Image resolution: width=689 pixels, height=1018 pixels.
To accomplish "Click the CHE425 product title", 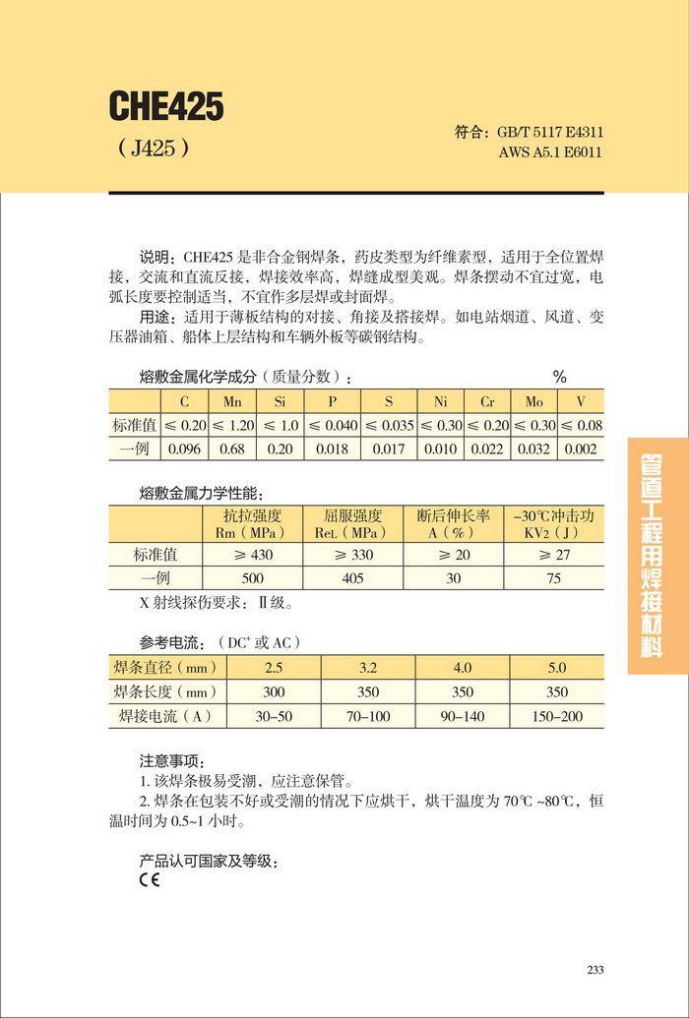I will coord(166,106).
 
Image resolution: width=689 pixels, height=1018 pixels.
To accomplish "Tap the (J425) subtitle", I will coord(153,149).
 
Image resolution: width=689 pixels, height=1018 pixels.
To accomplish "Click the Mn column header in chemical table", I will coord(232,401).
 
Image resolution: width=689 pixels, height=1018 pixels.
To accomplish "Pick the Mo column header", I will coord(532,401).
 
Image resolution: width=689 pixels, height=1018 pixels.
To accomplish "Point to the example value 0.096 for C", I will coord(184,449).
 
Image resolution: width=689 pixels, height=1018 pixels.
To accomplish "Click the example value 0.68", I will coord(232,449).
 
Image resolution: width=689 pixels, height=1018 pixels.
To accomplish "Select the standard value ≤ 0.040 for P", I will coord(333,426).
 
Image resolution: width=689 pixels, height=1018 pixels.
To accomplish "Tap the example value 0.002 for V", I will coord(581,449).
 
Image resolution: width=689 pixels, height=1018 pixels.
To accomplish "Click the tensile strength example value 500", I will coord(253,578).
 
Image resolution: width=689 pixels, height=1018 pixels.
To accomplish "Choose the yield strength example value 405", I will coord(353,578).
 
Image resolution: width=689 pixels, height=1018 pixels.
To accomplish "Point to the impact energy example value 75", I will coord(554,578).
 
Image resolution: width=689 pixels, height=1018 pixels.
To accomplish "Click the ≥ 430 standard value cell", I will coord(253,555).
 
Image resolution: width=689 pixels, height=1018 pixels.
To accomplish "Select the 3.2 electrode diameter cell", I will coord(367,668).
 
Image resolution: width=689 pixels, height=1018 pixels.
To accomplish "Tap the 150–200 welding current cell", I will coord(557,716).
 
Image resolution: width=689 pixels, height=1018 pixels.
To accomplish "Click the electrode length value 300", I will coord(274,691).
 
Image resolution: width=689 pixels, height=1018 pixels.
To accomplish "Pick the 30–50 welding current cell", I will coord(274,716).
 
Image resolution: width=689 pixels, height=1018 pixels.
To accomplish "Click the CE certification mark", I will coord(149,880).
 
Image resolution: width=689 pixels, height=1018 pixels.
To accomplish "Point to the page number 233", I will coord(595,970).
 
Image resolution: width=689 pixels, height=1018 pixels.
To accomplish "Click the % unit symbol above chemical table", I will coord(559,377).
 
